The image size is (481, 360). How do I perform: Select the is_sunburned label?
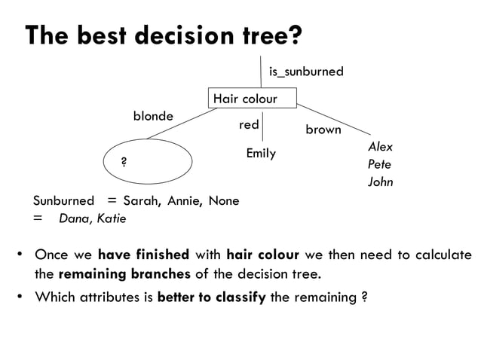(x=305, y=72)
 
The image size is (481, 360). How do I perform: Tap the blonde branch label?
(x=153, y=116)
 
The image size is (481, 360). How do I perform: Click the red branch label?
(x=249, y=124)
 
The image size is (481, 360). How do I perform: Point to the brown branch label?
(x=323, y=130)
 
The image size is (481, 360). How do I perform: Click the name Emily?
(x=261, y=154)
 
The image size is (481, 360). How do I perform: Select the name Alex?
(x=380, y=147)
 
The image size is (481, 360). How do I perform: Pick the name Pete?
(x=379, y=164)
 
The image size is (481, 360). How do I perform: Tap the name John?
(x=380, y=182)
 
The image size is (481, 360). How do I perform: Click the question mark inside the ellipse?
(x=124, y=162)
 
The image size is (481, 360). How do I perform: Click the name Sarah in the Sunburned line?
(x=140, y=201)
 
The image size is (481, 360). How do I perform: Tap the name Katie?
(x=109, y=219)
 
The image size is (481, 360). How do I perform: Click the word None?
(x=224, y=201)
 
